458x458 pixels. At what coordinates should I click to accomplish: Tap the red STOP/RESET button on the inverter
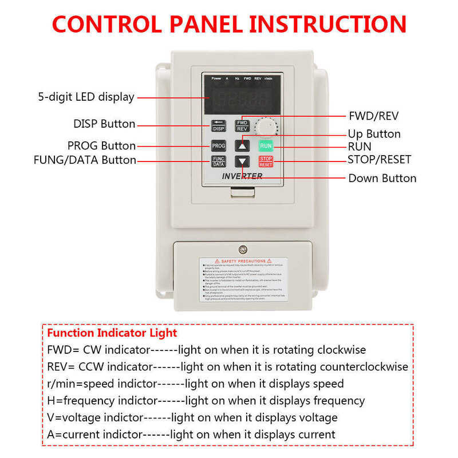point(266,161)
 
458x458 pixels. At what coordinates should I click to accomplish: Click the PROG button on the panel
point(219,145)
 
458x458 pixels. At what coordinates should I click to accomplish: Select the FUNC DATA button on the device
point(219,161)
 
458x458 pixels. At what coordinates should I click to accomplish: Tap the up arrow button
point(242,145)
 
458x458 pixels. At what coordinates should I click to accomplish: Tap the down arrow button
point(242,162)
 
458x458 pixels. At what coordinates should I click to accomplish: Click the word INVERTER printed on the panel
point(242,176)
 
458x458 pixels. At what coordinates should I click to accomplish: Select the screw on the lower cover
point(243,249)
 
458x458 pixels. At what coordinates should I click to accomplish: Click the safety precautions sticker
point(243,281)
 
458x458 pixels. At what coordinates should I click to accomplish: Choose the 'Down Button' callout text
point(382,178)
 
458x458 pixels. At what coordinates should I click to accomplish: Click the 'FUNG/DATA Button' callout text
point(85,160)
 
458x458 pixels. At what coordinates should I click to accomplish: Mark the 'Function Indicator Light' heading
point(112,333)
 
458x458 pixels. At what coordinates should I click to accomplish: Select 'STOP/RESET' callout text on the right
point(379,160)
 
